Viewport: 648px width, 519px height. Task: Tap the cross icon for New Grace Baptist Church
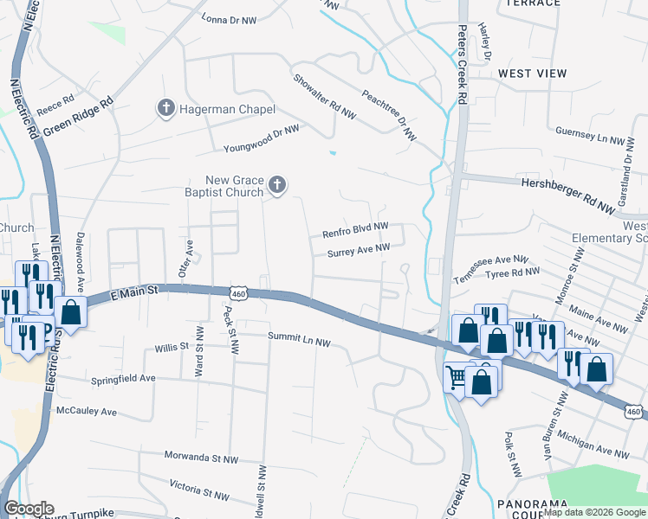[x=277, y=183]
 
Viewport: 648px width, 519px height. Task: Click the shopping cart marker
[x=457, y=375]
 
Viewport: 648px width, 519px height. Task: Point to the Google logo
[x=29, y=509]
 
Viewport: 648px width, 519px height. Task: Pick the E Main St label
[x=137, y=296]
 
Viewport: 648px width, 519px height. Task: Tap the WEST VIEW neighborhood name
[x=532, y=74]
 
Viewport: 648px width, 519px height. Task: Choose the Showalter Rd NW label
[x=325, y=95]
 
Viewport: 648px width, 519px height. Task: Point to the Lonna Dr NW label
[x=230, y=18]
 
